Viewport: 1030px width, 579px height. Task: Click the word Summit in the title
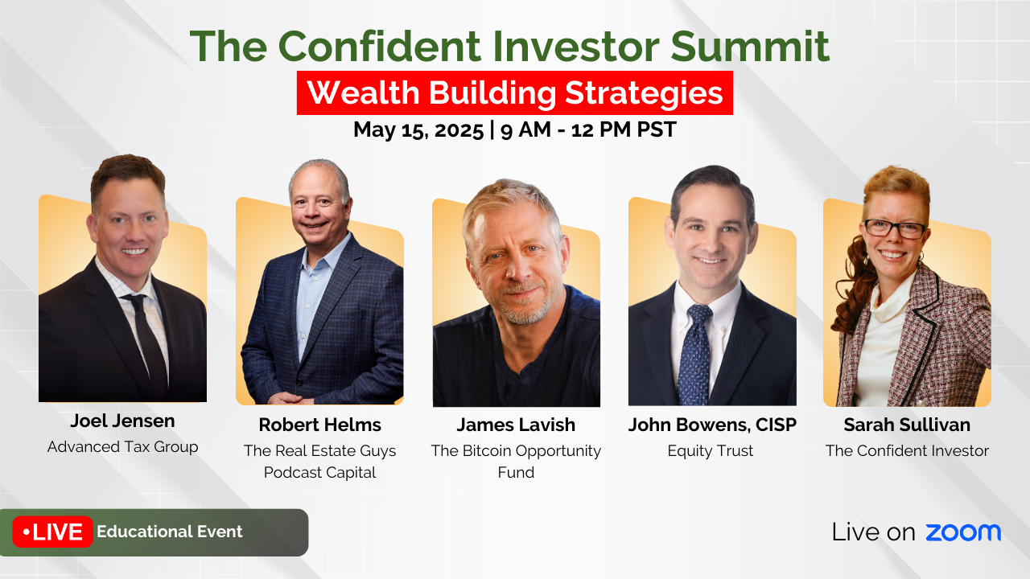(750, 47)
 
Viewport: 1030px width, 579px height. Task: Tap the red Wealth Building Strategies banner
(514, 92)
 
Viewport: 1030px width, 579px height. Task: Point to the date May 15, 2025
(418, 129)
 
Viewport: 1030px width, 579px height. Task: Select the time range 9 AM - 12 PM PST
(588, 129)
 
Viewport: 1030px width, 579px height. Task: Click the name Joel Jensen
(122, 421)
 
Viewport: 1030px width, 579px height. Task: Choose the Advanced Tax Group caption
(122, 446)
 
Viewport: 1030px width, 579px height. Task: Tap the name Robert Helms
(319, 425)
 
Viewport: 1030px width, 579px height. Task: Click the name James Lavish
(516, 425)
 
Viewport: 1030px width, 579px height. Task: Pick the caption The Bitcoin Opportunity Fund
(516, 462)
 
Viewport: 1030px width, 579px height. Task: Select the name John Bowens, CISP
(712, 425)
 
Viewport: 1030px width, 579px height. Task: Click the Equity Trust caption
(711, 451)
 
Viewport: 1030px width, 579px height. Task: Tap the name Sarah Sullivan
(907, 425)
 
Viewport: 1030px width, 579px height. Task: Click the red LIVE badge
(52, 532)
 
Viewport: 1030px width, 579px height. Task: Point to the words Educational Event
(169, 532)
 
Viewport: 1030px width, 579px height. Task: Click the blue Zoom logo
(963, 532)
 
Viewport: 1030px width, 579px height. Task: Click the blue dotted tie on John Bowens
(695, 354)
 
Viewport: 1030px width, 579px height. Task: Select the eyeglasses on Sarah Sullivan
(894, 228)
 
